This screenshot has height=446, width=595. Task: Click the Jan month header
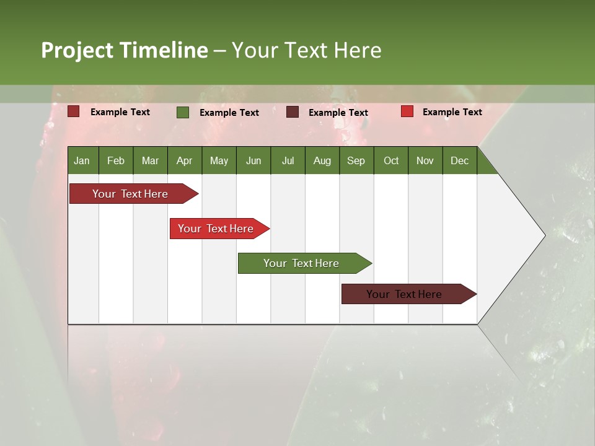[82, 160]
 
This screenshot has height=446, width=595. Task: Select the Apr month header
[184, 160]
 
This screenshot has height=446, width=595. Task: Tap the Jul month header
[288, 160]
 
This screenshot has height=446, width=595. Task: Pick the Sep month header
[356, 160]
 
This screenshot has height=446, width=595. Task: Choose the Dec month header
[459, 160]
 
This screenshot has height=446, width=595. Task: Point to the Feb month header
[116, 160]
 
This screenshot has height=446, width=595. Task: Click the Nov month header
[425, 160]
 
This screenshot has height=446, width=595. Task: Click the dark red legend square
[74, 111]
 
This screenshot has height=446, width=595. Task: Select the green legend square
[183, 112]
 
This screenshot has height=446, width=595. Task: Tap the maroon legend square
[293, 112]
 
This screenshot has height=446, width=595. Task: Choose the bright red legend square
[407, 111]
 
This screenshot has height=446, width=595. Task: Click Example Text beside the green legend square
[229, 113]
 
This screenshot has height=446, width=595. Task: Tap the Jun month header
[253, 160]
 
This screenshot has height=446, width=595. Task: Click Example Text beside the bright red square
[452, 112]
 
